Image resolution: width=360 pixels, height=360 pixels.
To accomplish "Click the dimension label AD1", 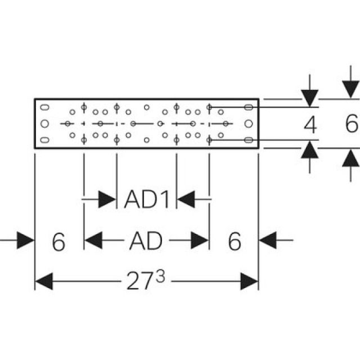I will coord(146,199).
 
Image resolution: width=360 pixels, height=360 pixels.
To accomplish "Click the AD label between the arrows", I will coord(146,241).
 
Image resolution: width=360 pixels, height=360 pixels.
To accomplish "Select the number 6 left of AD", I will coord(58,242).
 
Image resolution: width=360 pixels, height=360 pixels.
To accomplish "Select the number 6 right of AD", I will coord(235,242).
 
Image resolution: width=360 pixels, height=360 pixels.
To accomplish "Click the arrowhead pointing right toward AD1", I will coord(107,199).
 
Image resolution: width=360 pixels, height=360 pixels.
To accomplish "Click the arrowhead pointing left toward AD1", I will coord(186,199).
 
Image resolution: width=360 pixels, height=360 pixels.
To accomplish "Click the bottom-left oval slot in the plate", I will coord(46,140).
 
